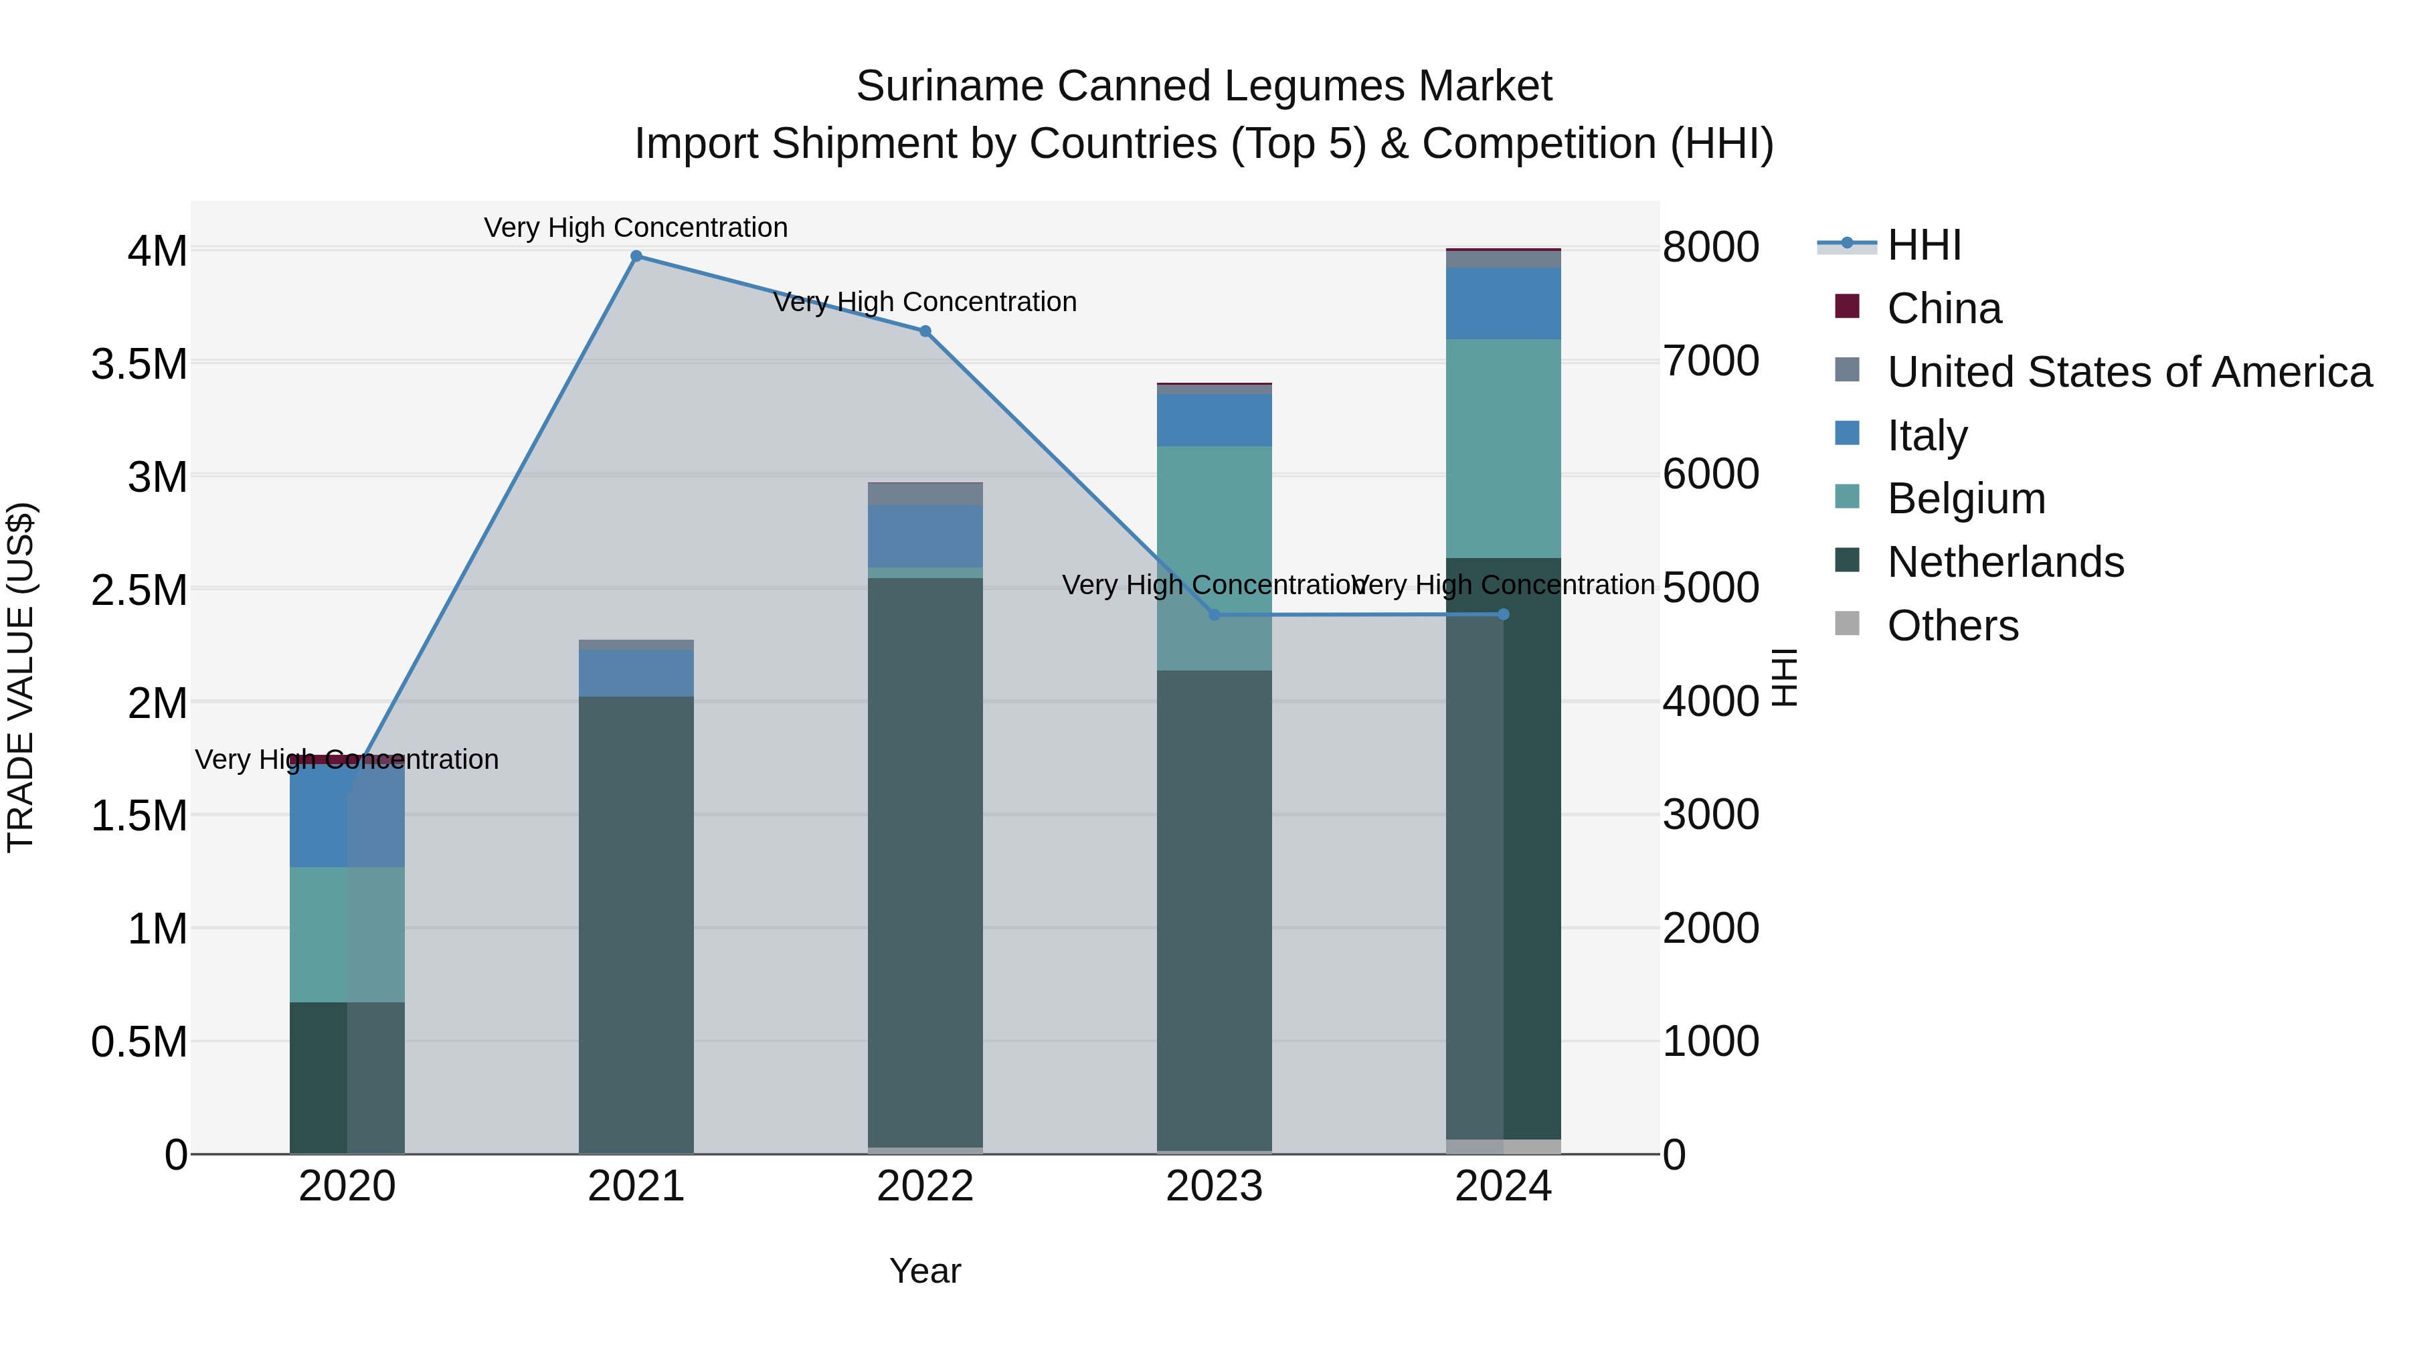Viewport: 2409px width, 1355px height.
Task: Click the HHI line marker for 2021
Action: tap(636, 256)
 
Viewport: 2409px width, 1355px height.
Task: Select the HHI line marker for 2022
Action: tap(925, 331)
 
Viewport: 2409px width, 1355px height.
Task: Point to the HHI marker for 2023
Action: tap(1214, 614)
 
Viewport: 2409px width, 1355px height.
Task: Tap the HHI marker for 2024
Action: tap(1503, 614)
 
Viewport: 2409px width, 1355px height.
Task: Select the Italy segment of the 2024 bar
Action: tap(1503, 303)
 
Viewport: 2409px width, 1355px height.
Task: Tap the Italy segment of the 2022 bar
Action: tap(925, 536)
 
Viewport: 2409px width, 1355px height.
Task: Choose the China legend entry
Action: tap(1943, 308)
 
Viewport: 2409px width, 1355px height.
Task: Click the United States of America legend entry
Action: tap(2129, 372)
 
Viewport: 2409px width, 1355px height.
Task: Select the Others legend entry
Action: tap(1952, 626)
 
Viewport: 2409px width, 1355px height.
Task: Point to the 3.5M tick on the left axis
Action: tap(139, 364)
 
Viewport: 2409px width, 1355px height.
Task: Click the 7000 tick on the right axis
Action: tap(1710, 361)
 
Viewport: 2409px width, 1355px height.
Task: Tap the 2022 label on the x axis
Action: tap(925, 1186)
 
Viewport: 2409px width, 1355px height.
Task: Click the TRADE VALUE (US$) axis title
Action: tap(21, 677)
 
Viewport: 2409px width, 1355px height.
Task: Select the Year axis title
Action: tap(925, 1271)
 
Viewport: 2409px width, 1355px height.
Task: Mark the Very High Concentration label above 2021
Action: tap(636, 228)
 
